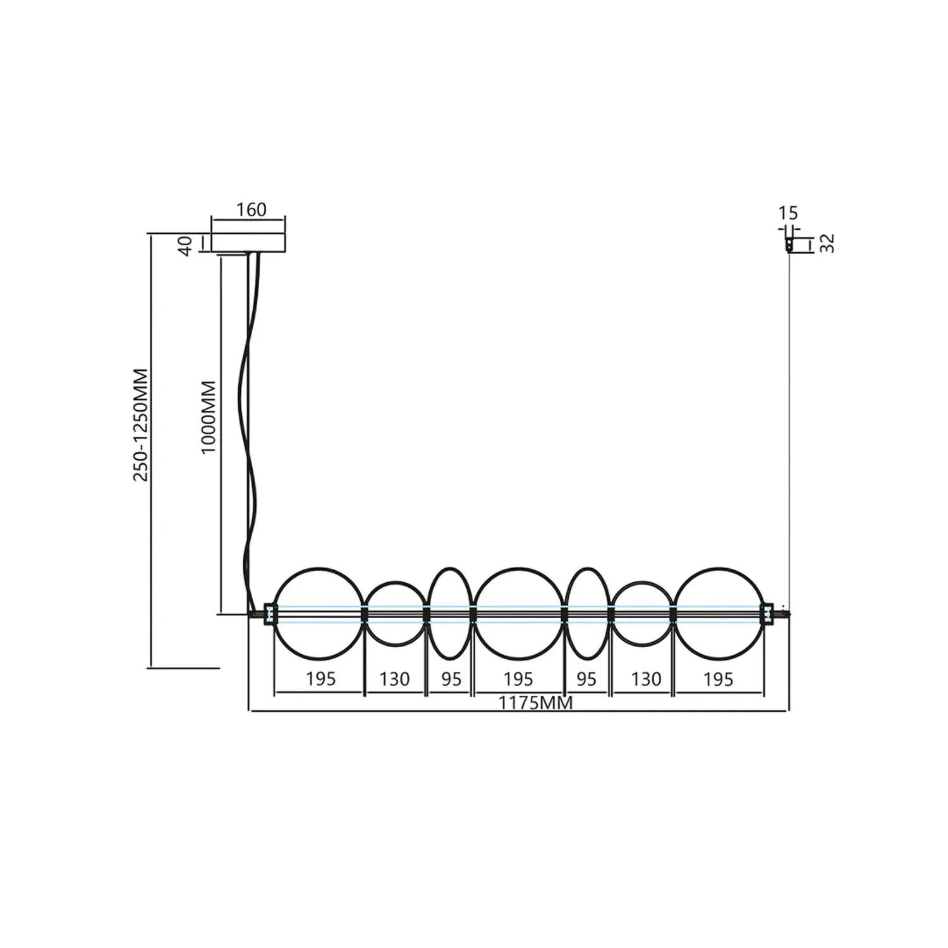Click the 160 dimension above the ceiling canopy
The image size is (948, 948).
tap(252, 209)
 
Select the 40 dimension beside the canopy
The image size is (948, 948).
tap(185, 245)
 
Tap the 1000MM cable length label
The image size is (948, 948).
tap(209, 417)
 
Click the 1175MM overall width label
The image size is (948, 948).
tap(535, 703)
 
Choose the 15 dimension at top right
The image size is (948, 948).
tap(788, 213)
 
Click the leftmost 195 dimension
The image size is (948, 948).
tap(320, 679)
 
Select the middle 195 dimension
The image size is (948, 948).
tap(518, 679)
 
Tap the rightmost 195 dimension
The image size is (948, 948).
tap(719, 679)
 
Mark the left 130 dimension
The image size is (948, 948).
tap(394, 679)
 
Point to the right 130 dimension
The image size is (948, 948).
tap(646, 679)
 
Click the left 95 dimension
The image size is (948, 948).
tap(451, 679)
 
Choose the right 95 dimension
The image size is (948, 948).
tap(586, 679)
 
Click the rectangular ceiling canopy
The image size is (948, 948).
tap(248, 243)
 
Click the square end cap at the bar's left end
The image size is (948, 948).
tap(270, 614)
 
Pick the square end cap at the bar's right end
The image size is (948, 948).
tap(767, 614)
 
